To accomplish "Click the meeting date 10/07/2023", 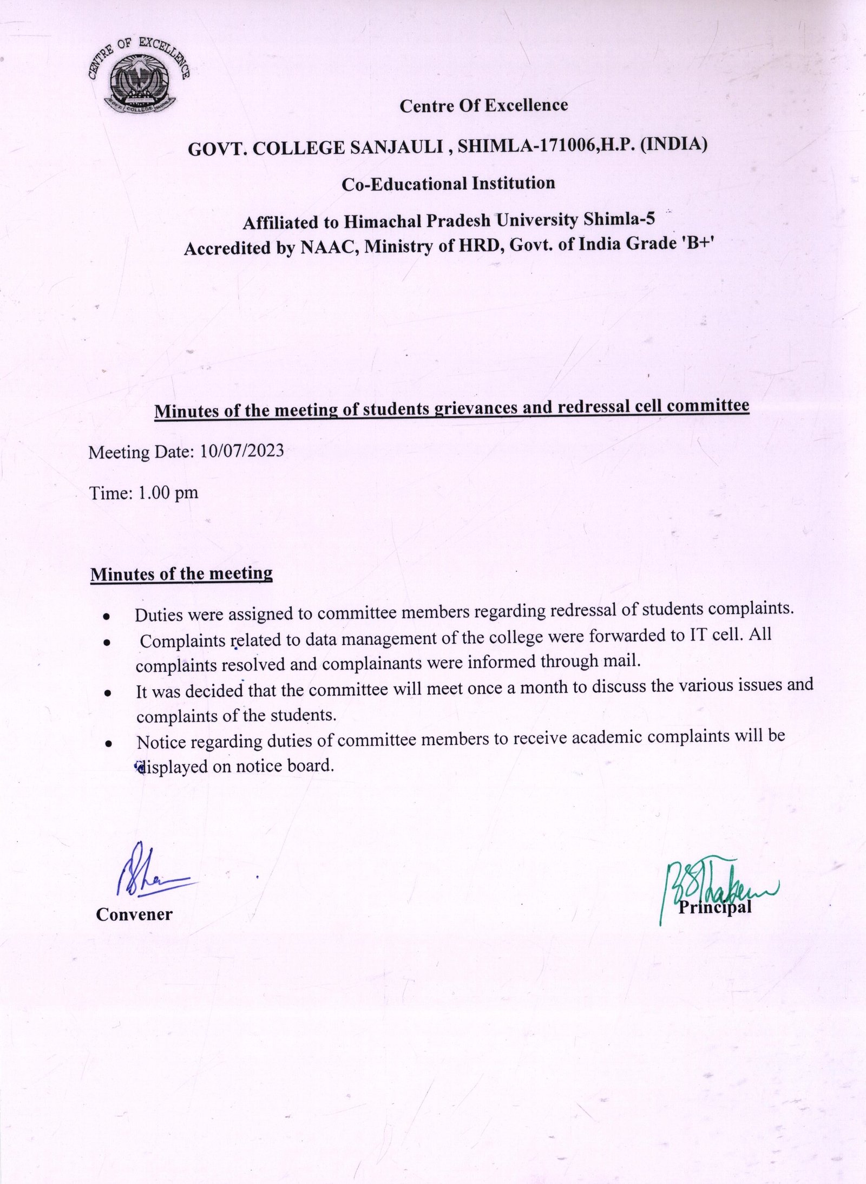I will (241, 451).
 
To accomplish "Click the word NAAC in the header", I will (329, 247).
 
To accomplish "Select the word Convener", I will (134, 914).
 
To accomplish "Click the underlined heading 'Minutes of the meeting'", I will (181, 574).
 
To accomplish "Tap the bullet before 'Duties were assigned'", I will (108, 617).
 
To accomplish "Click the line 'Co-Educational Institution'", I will (448, 184).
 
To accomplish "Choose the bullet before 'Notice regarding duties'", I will (109, 744).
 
